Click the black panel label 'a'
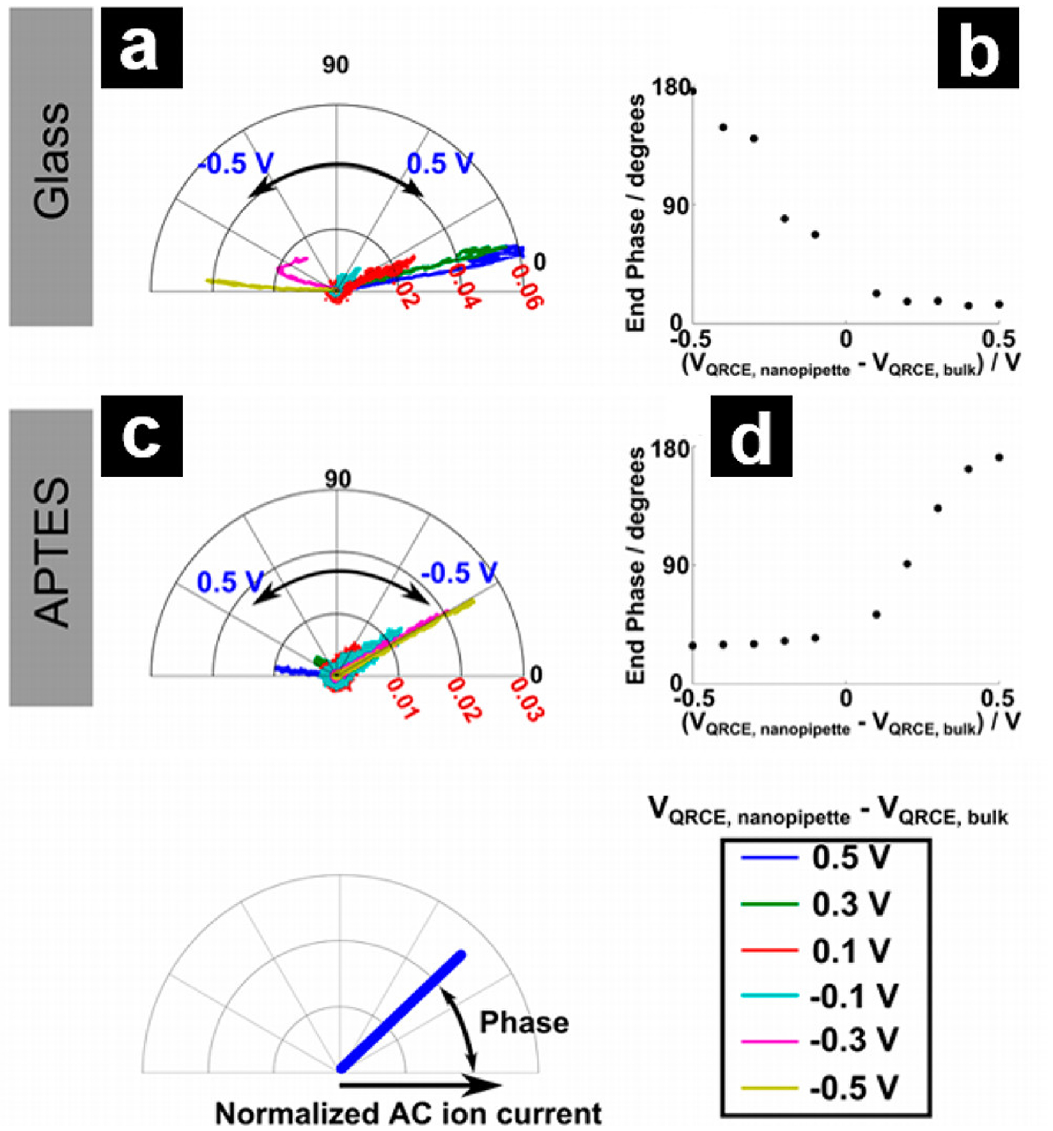tap(141, 48)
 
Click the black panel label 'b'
tap(978, 48)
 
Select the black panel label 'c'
tap(141, 436)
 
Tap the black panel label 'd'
tap(751, 436)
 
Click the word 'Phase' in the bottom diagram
tap(524, 1023)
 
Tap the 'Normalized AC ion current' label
tap(408, 1113)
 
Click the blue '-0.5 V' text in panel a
tap(236, 163)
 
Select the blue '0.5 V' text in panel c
tap(230, 582)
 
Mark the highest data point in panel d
tap(999, 458)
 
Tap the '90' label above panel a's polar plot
tap(336, 65)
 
